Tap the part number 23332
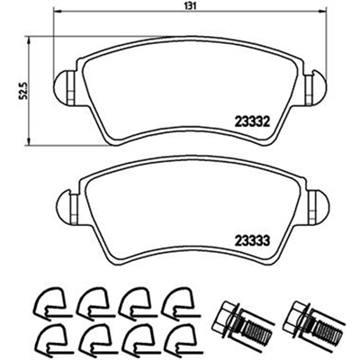[x=252, y=122]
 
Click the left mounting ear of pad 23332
[x=64, y=88]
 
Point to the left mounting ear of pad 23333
[x=67, y=208]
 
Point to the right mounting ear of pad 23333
[x=318, y=207]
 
